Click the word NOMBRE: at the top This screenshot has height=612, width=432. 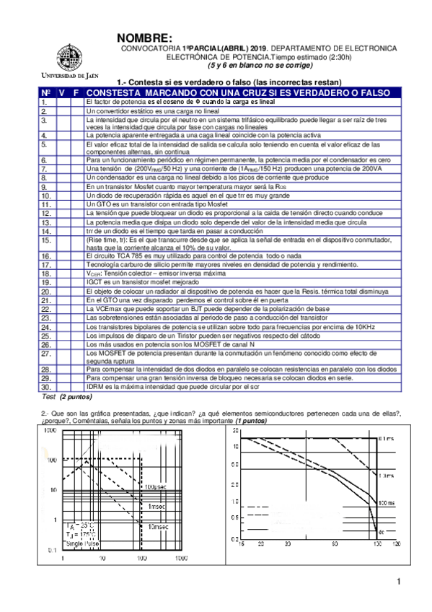pyautogui.click(x=144, y=38)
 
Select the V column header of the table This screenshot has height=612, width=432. pyautogui.click(x=62, y=94)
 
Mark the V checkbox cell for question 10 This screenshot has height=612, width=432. pyautogui.click(x=62, y=195)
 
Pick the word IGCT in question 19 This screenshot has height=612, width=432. pyautogui.click(x=94, y=282)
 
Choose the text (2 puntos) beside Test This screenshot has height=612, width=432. pyautogui.click(x=77, y=397)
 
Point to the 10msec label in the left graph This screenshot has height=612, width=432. pyautogui.click(x=158, y=528)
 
